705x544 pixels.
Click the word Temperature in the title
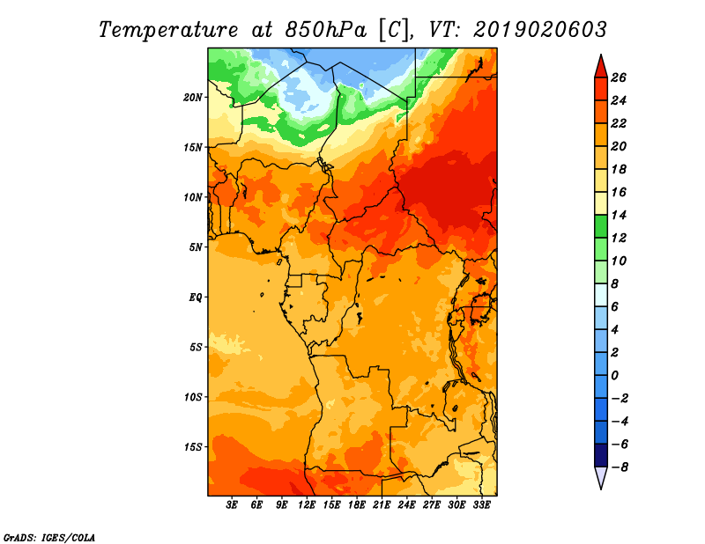click(x=168, y=30)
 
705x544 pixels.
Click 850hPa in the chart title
click(x=325, y=30)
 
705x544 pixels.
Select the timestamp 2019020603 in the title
click(x=540, y=30)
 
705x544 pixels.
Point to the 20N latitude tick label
click(x=193, y=97)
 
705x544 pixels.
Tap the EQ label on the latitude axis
click(x=196, y=298)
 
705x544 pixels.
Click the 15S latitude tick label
click(x=193, y=447)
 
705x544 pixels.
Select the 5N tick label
click(x=196, y=247)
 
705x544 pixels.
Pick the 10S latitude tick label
click(x=193, y=397)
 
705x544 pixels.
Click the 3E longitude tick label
click(x=232, y=505)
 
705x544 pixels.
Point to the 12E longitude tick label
click(x=306, y=505)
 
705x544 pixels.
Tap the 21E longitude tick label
click(x=382, y=505)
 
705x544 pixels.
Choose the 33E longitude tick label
click(x=481, y=505)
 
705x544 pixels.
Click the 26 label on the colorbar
click(x=619, y=77)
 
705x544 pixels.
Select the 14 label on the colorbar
click(x=619, y=215)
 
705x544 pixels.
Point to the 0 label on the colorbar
click(x=614, y=375)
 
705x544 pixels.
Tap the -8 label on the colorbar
click(x=620, y=467)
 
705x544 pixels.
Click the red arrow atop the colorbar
click(x=601, y=67)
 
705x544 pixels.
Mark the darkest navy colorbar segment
click(x=601, y=455)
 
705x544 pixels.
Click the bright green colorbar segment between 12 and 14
click(x=601, y=226)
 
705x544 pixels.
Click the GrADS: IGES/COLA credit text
click(x=49, y=538)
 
